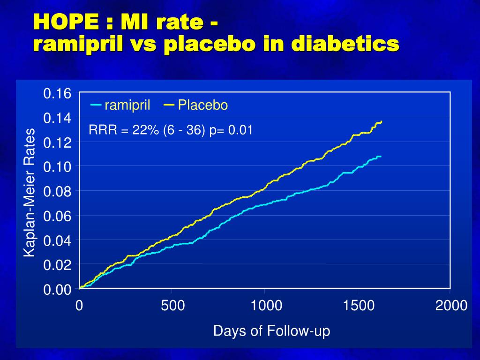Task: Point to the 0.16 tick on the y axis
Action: [57, 93]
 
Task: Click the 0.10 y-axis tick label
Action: [57, 167]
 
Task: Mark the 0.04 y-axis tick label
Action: [57, 241]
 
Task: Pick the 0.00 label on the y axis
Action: [57, 290]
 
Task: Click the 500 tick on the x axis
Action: [172, 306]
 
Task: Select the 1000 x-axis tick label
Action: [266, 306]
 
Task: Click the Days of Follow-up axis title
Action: [271, 331]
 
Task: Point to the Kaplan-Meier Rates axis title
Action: [30, 192]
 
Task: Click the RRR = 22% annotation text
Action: [124, 130]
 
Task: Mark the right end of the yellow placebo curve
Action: [381, 122]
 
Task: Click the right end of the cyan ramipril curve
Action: [380, 156]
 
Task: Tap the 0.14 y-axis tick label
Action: [57, 118]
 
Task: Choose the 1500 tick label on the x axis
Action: [359, 306]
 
